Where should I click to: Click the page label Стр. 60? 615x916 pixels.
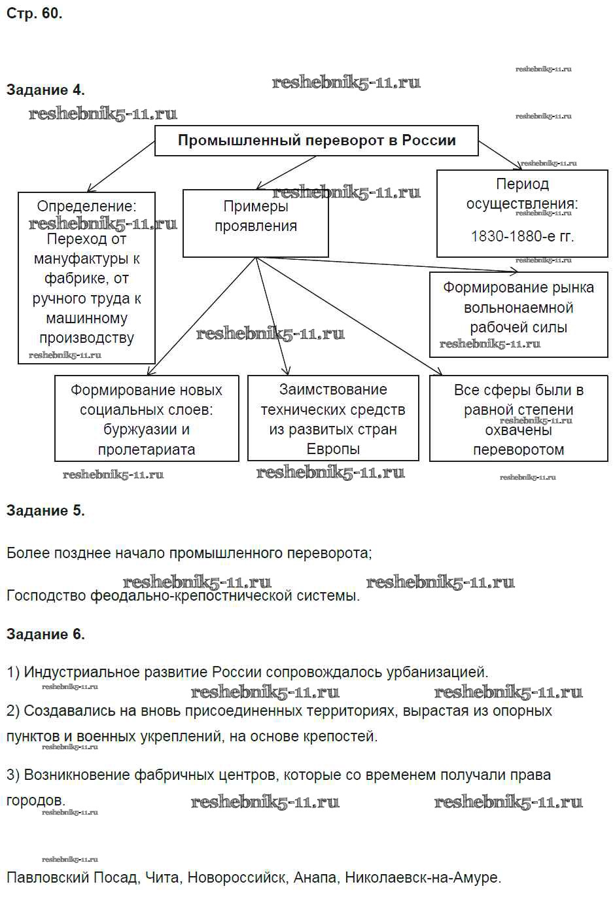coord(34,13)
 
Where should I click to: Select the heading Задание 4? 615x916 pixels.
coord(45,90)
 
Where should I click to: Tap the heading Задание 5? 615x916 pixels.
coord(45,510)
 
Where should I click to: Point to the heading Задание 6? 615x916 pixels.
coord(45,634)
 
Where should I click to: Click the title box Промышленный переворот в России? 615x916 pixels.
coord(317,141)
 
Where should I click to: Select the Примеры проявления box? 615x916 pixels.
coord(255,222)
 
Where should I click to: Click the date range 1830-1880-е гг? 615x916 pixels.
coord(522,236)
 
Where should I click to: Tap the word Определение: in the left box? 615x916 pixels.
coord(86,206)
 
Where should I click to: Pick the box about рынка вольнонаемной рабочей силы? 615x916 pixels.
coord(518,308)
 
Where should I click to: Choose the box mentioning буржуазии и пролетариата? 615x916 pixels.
coord(147,419)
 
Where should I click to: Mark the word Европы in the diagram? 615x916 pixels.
coord(333,449)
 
